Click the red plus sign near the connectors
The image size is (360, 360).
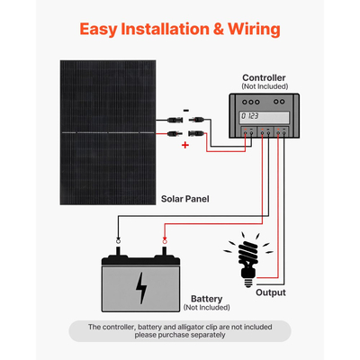click(185, 144)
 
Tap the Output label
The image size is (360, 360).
click(271, 292)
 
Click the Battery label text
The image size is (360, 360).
click(210, 298)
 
